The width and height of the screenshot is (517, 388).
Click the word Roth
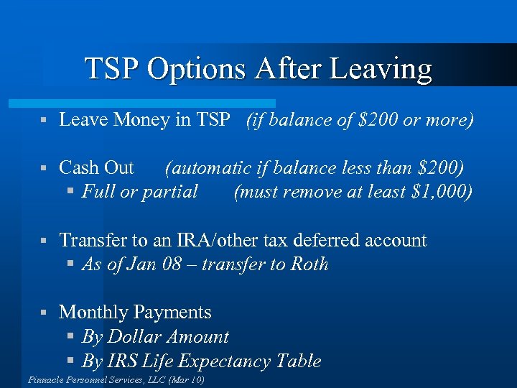(x=309, y=264)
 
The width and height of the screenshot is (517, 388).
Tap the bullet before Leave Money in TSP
(x=44, y=120)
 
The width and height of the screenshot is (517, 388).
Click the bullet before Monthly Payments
(x=44, y=313)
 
